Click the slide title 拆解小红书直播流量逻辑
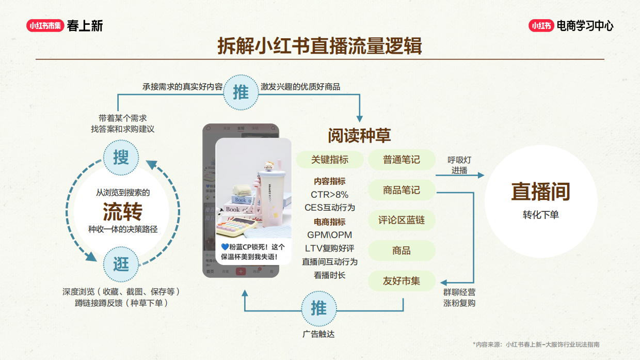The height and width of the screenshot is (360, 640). point(319,46)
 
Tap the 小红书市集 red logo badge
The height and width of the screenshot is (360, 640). point(45,25)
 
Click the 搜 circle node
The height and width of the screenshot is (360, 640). point(121,157)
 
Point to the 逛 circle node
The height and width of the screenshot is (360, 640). point(121,264)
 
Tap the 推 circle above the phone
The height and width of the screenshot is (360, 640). point(241,92)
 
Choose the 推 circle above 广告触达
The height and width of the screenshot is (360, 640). point(318,308)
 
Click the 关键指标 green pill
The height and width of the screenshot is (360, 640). point(329,160)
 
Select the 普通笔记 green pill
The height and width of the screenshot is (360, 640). point(402,160)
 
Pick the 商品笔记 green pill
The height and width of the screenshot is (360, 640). point(402,190)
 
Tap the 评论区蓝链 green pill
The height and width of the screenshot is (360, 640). point(402,220)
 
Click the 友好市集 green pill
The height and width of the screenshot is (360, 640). point(402,281)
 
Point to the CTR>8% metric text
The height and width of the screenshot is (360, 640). point(329,195)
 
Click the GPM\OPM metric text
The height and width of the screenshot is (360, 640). point(329,235)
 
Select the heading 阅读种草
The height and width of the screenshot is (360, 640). point(359,135)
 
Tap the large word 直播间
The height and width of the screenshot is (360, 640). point(540,191)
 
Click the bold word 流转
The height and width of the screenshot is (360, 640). point(122,212)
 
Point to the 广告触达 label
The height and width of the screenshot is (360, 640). point(318,334)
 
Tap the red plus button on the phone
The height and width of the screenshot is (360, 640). point(241,271)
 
